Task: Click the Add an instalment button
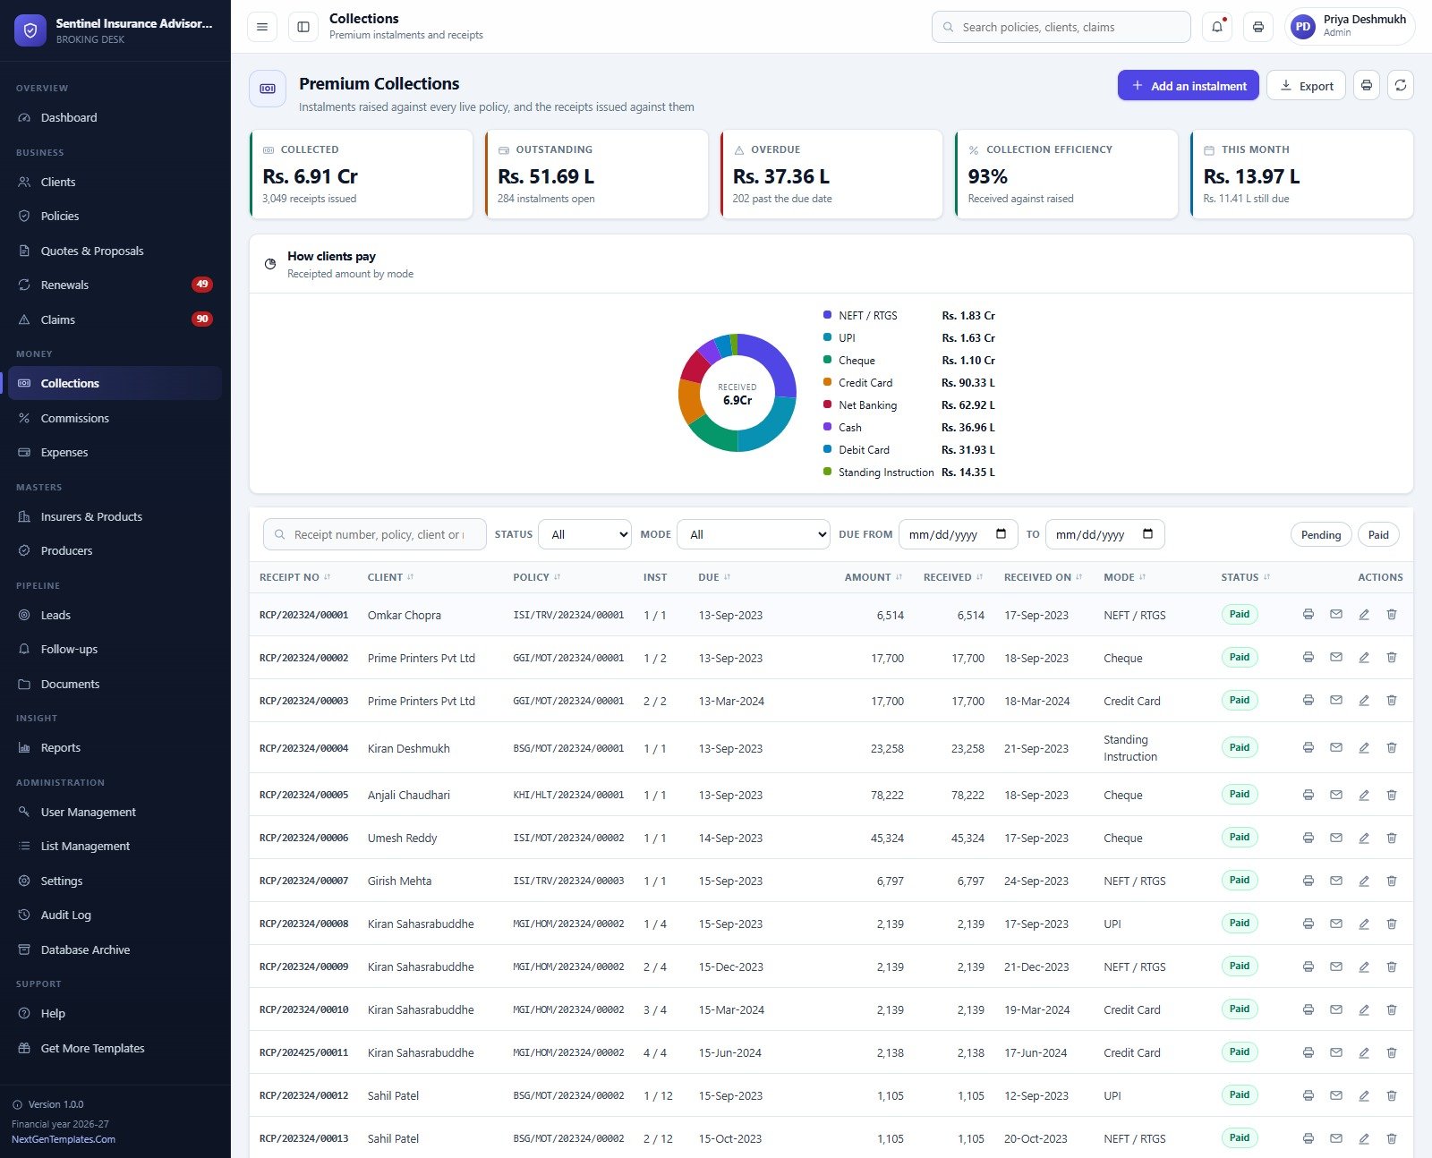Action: click(1188, 85)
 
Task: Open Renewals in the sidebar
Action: click(64, 285)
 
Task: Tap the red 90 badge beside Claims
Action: click(201, 319)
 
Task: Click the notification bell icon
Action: click(1217, 27)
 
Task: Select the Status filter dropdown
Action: click(584, 534)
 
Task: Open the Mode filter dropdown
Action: click(753, 534)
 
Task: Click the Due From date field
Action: click(958, 534)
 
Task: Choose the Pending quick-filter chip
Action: click(1320, 535)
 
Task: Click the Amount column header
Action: click(867, 577)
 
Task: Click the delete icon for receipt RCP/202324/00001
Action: click(1392, 614)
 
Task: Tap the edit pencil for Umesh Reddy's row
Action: click(1364, 838)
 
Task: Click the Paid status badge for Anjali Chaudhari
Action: click(1239, 795)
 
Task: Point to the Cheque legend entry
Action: click(856, 361)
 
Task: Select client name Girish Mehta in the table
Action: click(399, 881)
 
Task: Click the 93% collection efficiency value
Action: click(987, 176)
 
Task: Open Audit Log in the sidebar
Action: click(65, 915)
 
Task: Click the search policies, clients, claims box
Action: click(1061, 27)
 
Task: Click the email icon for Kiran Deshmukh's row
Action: click(1336, 747)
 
